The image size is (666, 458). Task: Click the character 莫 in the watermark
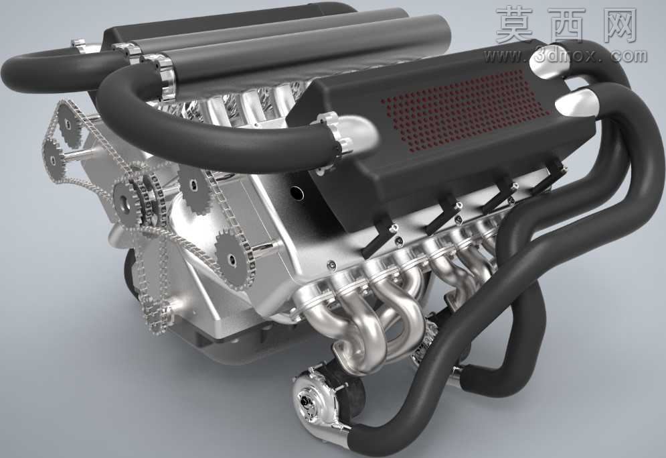(515, 25)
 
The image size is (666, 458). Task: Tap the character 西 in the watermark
(566, 25)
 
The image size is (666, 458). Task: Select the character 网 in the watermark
(615, 25)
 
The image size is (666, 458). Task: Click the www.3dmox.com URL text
(566, 56)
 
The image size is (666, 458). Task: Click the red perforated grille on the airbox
(465, 110)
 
